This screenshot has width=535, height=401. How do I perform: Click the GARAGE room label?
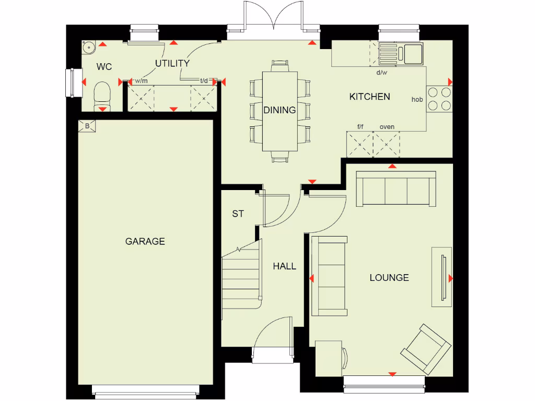[x=145, y=241]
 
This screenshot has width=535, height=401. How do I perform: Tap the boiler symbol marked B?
[x=87, y=126]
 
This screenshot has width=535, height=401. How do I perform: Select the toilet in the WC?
[x=102, y=96]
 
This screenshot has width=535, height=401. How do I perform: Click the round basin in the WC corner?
[x=89, y=48]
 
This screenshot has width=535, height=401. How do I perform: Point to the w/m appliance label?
[x=141, y=81]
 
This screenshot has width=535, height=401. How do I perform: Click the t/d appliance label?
[x=204, y=81]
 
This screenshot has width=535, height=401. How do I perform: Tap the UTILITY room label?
[x=172, y=63]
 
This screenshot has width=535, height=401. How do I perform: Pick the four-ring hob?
[x=439, y=99]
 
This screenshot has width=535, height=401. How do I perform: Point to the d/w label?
[x=382, y=73]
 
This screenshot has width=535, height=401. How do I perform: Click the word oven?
[x=387, y=127]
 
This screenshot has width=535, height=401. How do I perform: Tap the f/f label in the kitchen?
[x=360, y=127]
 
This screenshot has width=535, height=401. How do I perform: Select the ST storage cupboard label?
[x=238, y=214]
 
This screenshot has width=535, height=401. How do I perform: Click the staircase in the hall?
[x=241, y=277]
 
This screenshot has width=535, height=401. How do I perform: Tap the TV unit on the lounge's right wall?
[x=442, y=277]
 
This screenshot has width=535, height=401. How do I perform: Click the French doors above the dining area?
[x=273, y=21]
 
